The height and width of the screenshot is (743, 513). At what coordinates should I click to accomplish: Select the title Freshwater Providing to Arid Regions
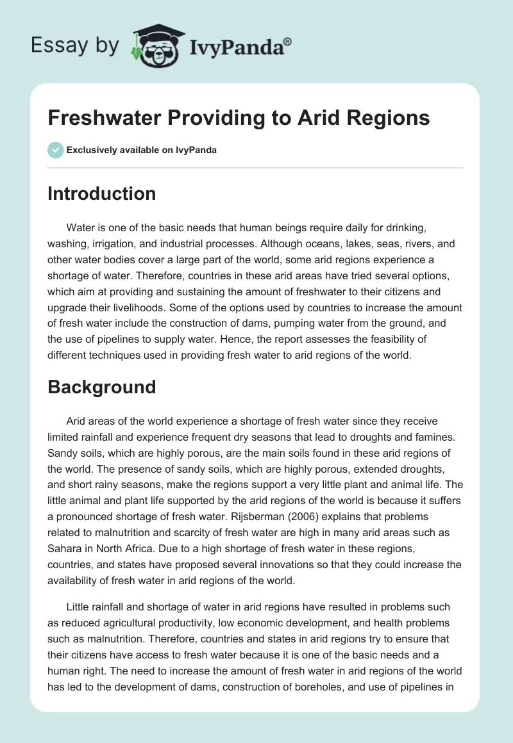239,118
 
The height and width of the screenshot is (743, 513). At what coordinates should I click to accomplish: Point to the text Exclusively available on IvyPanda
141,150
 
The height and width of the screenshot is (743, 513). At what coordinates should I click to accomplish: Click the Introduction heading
101,193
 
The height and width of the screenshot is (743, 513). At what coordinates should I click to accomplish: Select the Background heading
101,387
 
